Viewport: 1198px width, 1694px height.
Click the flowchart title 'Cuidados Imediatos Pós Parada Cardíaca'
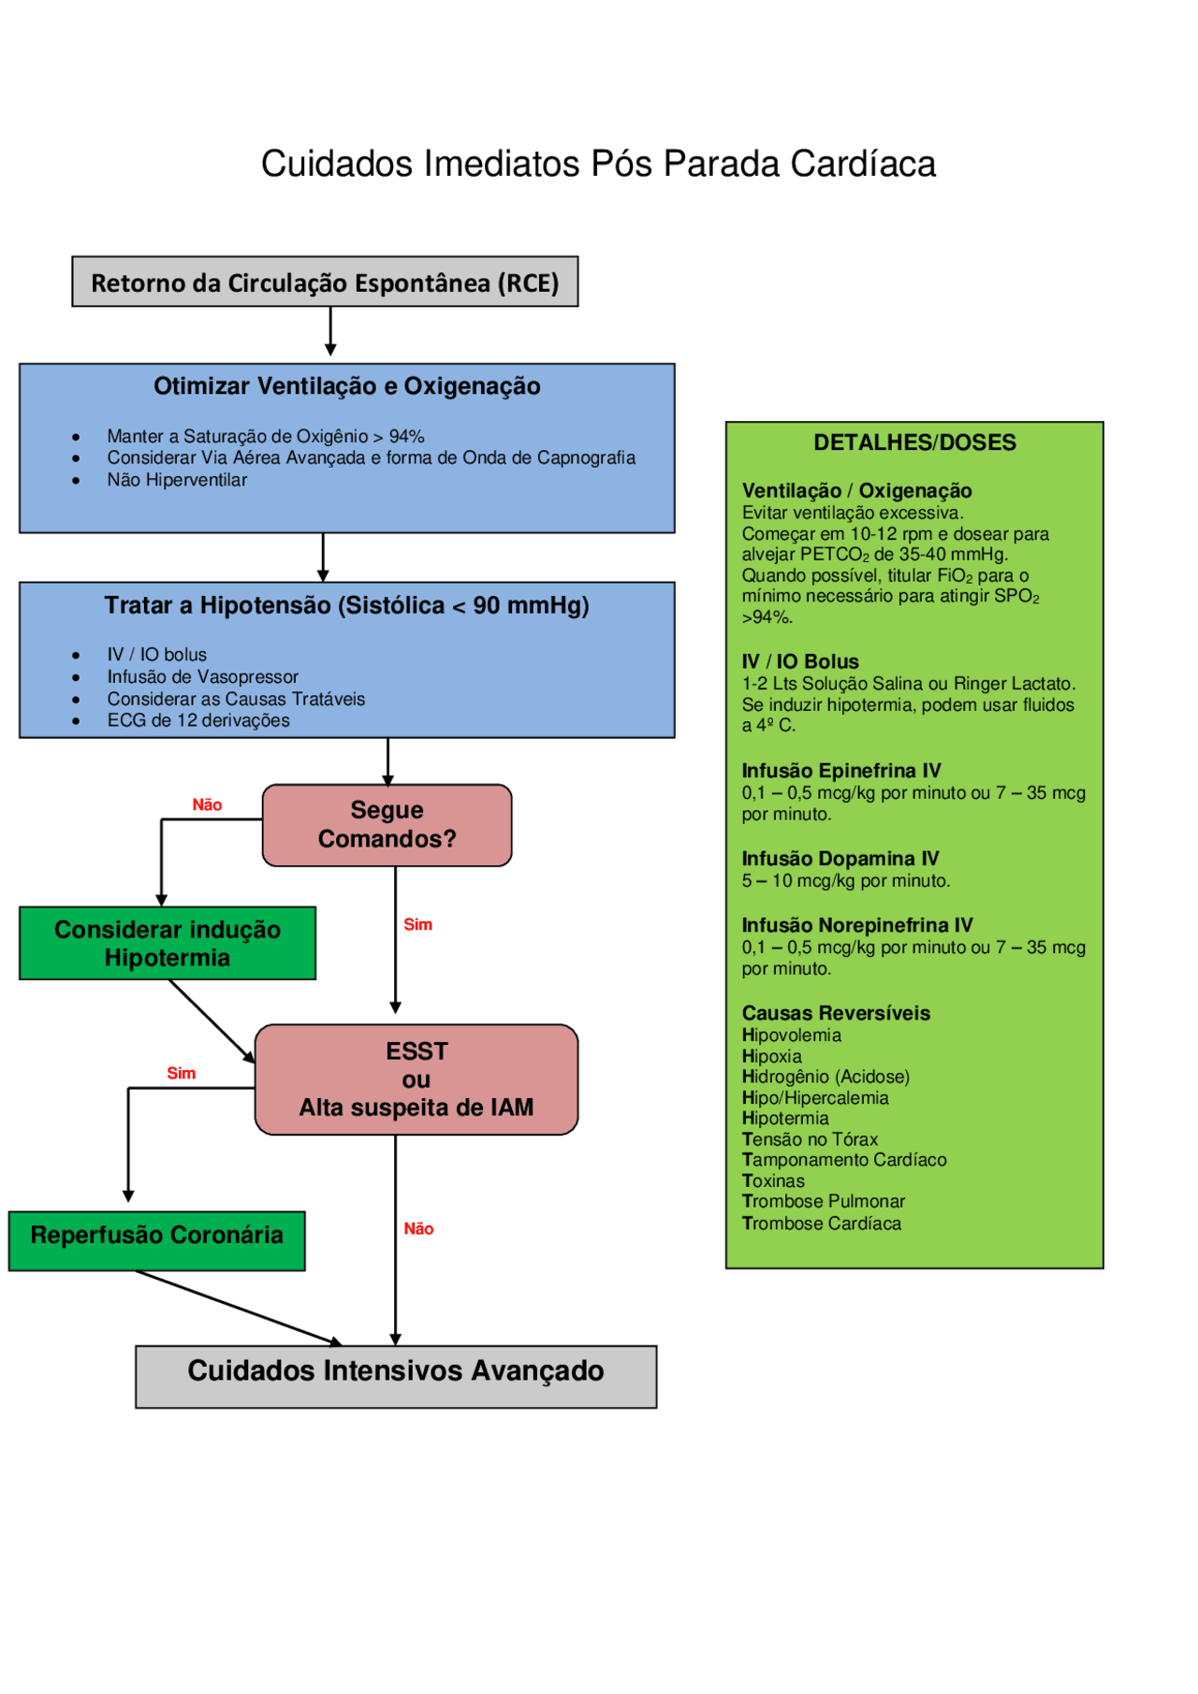tap(598, 164)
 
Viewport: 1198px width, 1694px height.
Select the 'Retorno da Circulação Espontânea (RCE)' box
tap(325, 282)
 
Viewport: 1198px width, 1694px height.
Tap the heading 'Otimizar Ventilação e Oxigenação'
tap(346, 386)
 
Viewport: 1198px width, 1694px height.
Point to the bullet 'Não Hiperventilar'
tap(177, 480)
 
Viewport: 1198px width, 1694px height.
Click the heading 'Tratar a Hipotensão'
tap(346, 605)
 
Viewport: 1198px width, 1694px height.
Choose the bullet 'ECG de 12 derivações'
tap(197, 720)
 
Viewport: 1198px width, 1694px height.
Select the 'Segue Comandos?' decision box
tap(387, 825)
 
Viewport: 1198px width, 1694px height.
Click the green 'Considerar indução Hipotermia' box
tap(168, 943)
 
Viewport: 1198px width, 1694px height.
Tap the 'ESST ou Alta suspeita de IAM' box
tap(416, 1079)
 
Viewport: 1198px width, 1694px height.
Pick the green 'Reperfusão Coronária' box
tap(156, 1236)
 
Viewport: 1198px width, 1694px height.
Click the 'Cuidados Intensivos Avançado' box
tap(396, 1371)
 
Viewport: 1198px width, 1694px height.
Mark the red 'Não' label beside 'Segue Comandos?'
tap(207, 804)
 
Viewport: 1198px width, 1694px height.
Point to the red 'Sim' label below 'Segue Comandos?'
tap(417, 924)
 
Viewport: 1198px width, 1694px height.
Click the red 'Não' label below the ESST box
tap(418, 1228)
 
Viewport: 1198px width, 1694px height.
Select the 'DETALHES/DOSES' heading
tap(914, 442)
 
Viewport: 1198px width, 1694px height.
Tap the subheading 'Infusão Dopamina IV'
tap(840, 859)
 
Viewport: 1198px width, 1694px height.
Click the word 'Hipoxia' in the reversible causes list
tap(771, 1056)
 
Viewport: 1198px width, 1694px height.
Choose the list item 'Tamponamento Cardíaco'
tap(844, 1160)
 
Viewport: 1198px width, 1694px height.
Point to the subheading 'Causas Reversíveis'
tap(836, 1013)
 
